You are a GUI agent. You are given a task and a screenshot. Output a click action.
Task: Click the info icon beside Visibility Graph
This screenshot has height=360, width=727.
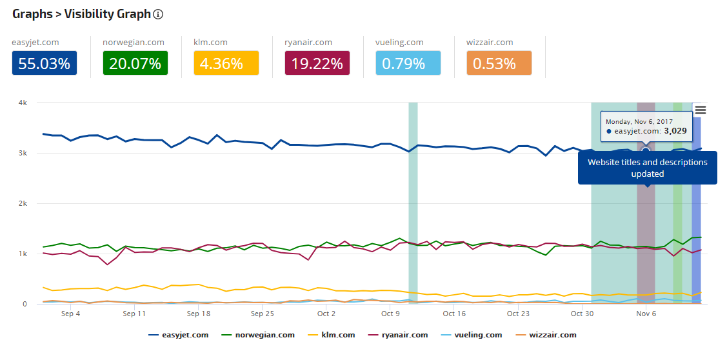(159, 14)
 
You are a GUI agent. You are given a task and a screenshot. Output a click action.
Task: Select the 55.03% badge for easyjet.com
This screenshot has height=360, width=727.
(45, 63)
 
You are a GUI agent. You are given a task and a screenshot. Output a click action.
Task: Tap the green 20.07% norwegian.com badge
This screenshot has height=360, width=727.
(135, 63)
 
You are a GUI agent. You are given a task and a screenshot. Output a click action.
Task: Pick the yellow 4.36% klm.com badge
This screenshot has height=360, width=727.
(226, 63)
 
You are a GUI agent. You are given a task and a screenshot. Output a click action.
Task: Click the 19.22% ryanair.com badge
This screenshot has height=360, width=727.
(317, 63)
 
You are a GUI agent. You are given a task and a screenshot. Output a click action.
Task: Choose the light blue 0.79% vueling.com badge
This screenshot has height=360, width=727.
(408, 63)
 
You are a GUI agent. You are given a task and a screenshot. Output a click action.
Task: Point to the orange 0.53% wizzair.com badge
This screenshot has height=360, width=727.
(499, 63)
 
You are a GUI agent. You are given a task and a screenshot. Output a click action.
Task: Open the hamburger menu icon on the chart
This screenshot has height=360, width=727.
(700, 110)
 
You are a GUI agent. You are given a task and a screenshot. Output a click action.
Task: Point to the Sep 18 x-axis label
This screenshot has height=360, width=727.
(198, 314)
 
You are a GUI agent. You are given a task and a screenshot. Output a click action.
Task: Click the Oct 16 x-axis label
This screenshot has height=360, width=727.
(454, 314)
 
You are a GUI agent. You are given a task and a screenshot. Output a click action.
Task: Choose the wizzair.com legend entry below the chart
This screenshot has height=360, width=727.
(545, 335)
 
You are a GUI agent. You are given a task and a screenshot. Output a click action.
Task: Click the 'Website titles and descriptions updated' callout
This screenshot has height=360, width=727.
(647, 168)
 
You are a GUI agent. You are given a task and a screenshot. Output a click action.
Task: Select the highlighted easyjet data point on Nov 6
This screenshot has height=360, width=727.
(646, 151)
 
